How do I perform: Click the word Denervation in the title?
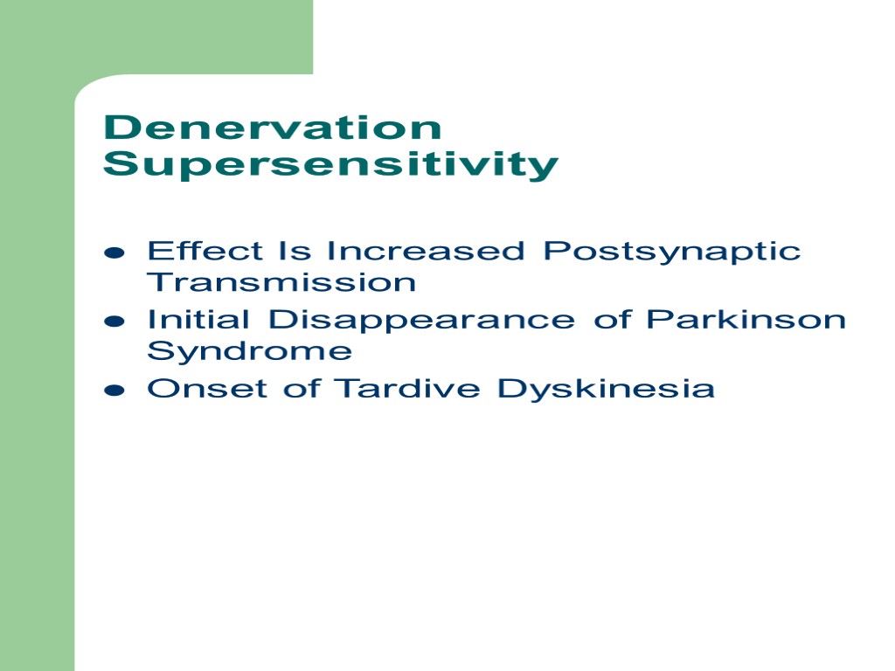tap(272, 128)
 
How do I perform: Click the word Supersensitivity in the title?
tap(330, 165)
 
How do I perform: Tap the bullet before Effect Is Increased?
tap(114, 253)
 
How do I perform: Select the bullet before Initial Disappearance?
tap(114, 322)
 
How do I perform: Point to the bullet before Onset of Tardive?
tap(114, 391)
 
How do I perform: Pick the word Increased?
tap(426, 252)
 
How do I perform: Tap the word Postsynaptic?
tap(671, 252)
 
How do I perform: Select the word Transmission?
tap(281, 282)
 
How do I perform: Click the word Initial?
tap(199, 320)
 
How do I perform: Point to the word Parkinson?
tap(746, 320)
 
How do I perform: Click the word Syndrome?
tap(249, 352)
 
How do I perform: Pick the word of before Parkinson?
tap(612, 320)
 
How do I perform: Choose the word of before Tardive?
tap(302, 388)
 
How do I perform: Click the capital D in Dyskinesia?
tap(509, 388)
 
